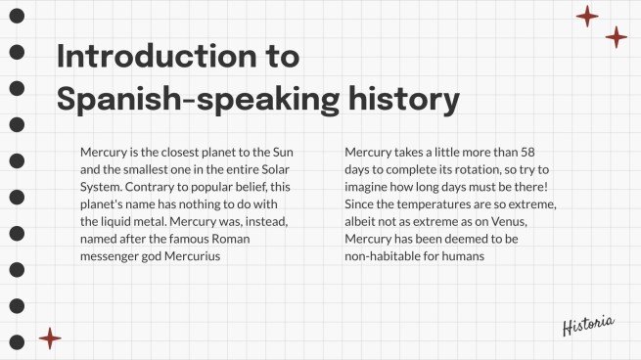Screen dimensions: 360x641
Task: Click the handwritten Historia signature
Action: pos(588,326)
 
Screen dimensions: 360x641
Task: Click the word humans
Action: pos(465,256)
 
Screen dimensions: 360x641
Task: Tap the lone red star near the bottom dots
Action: pos(49,338)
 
